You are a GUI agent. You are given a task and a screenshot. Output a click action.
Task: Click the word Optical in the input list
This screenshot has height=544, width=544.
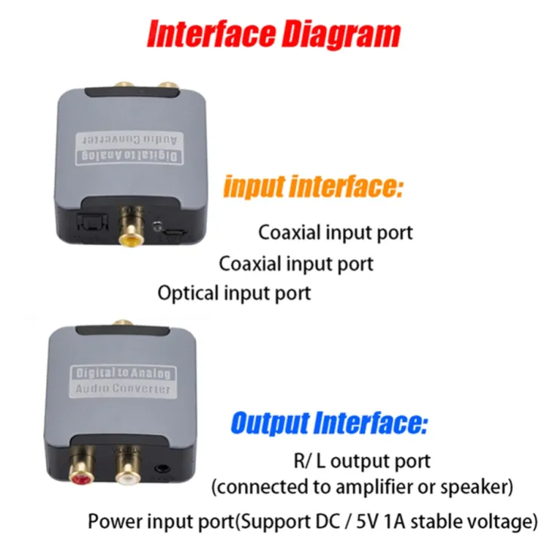[x=187, y=292]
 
